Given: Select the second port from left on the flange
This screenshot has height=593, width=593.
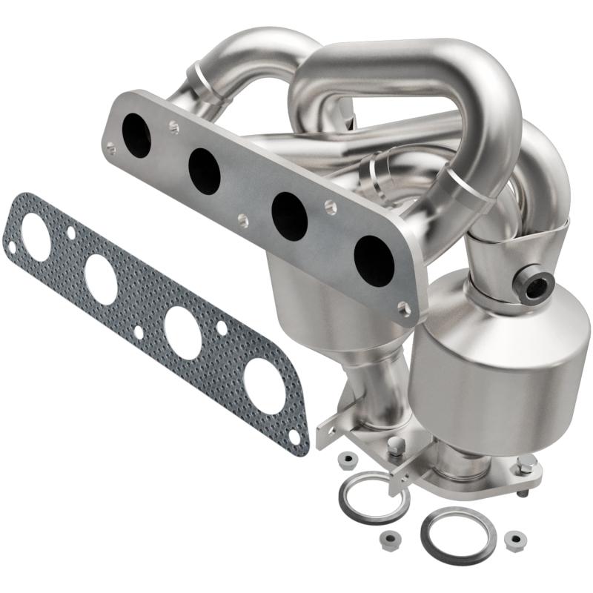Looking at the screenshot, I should click(204, 171).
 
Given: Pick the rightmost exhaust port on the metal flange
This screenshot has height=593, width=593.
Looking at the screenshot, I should click(374, 259).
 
